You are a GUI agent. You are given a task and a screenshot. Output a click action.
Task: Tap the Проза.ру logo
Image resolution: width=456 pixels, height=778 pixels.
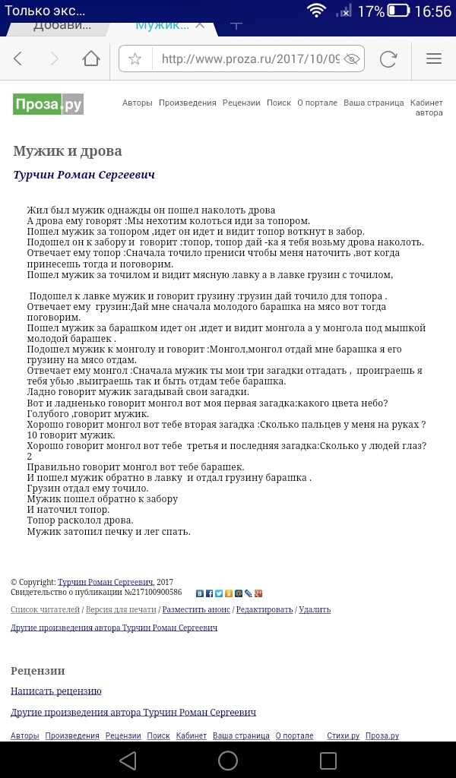[48, 103]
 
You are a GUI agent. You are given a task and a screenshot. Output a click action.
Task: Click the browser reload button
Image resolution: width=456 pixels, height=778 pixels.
[388, 59]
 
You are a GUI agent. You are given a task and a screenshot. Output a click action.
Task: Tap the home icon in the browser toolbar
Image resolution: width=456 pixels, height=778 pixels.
[91, 59]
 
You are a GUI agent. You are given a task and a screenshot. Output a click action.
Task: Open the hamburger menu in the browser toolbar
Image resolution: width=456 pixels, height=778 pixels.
[434, 59]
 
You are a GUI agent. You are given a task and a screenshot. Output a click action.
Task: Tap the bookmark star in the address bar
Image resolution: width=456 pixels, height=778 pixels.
[135, 59]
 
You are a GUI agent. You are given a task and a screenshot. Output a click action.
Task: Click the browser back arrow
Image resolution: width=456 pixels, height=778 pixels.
[19, 59]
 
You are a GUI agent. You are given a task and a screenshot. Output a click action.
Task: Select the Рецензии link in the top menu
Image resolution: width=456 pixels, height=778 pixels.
[242, 103]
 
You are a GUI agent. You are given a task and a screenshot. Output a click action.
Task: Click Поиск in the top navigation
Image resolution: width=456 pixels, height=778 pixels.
[279, 103]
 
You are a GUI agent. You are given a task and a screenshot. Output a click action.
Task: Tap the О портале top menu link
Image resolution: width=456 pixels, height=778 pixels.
[317, 103]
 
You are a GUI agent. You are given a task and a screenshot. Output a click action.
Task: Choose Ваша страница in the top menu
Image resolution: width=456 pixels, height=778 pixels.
[374, 103]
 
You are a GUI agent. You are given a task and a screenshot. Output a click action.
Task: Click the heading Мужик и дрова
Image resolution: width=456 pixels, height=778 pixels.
[68, 151]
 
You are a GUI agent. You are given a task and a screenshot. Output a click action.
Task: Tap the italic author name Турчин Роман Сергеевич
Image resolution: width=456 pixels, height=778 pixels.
[84, 176]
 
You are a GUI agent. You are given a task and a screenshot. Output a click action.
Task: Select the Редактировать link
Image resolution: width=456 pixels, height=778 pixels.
[264, 609]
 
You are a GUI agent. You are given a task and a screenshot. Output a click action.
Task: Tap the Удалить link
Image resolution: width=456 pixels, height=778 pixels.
[315, 609]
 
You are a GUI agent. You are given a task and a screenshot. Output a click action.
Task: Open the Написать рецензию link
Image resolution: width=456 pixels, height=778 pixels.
[56, 691]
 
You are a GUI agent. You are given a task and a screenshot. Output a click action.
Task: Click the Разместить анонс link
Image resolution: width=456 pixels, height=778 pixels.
[197, 609]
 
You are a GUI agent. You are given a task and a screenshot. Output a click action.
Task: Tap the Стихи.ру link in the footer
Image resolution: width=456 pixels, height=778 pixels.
[343, 735]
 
